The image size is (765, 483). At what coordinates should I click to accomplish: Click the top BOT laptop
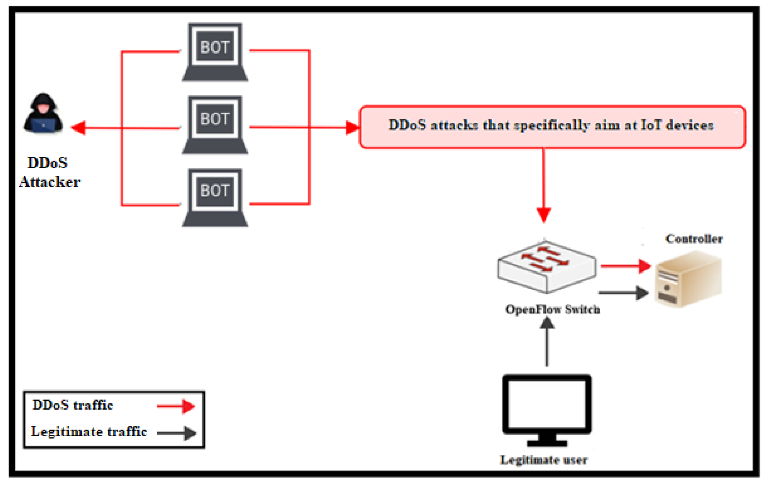(x=215, y=52)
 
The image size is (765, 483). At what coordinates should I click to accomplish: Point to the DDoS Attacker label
(x=49, y=172)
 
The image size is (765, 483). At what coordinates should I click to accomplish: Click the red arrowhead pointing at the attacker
(x=79, y=128)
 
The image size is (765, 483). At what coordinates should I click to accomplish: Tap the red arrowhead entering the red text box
(x=352, y=128)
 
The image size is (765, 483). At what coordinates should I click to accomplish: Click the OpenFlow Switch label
(x=552, y=309)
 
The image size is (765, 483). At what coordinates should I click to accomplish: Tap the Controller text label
(x=694, y=239)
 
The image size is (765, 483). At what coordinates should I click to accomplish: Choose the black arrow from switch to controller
(x=623, y=293)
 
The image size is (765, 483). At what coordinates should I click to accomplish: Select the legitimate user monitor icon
(x=547, y=409)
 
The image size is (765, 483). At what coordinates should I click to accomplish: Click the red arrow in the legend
(x=176, y=406)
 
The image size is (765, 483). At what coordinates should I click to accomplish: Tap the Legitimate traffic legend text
(x=89, y=432)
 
